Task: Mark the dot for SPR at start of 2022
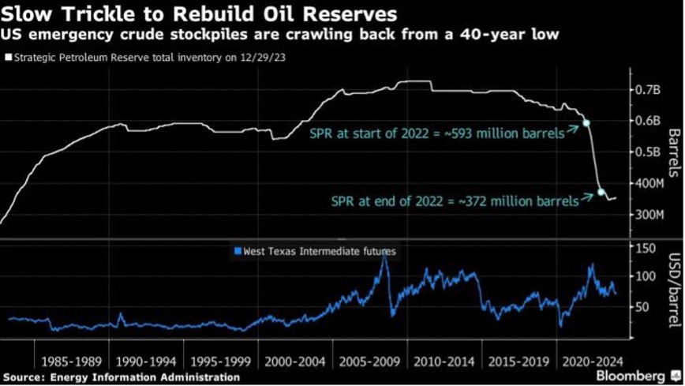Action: [586, 123]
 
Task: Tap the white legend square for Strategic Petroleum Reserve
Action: [7, 58]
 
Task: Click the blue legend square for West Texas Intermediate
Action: [237, 251]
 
